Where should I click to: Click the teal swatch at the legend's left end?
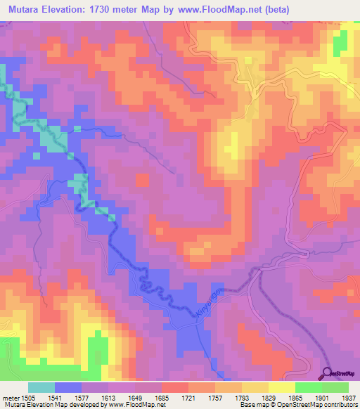41,387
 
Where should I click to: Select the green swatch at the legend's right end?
335,387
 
